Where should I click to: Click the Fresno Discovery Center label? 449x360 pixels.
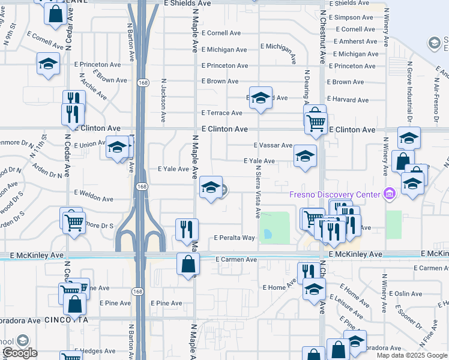[334, 194]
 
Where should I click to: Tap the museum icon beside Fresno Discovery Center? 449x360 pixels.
[390, 193]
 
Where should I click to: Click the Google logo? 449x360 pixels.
[20, 353]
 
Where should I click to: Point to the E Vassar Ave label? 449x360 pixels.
[273, 145]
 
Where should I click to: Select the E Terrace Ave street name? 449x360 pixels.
[221, 113]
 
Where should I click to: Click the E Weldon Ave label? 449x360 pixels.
[94, 199]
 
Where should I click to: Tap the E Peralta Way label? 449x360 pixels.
[235, 238]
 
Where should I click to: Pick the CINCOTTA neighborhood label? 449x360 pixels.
[62, 320]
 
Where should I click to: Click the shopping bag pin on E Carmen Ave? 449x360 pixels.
[188, 263]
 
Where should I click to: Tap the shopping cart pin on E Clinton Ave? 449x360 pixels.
[316, 122]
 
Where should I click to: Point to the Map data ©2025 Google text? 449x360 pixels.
[411, 355]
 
